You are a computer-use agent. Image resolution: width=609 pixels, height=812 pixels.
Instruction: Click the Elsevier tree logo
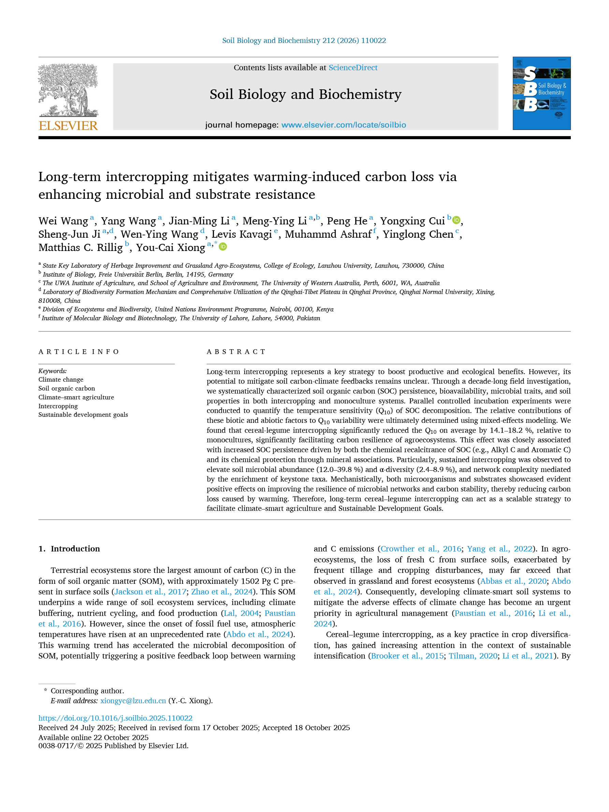tap(68, 90)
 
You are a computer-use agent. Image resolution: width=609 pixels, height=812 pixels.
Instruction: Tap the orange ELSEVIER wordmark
tap(68, 126)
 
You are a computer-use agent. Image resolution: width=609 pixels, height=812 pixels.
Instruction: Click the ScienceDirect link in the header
tap(353, 68)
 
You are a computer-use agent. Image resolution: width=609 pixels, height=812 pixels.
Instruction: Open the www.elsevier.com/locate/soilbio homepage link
tap(344, 125)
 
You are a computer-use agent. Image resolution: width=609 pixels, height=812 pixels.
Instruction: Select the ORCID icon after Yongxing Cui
tap(456, 220)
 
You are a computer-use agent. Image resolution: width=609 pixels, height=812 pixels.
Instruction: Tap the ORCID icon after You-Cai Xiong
tap(222, 247)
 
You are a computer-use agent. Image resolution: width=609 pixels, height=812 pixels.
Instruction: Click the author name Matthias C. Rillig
tap(81, 247)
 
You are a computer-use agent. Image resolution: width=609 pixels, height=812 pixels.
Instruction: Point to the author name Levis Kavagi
tap(241, 234)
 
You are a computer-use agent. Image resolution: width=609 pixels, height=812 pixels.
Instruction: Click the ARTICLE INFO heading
tap(78, 352)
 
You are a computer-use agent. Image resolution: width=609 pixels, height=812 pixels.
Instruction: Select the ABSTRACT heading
tap(236, 352)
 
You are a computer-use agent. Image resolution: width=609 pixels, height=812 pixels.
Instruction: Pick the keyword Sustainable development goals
tap(83, 414)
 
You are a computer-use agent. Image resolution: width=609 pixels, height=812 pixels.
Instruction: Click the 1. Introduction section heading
tap(69, 548)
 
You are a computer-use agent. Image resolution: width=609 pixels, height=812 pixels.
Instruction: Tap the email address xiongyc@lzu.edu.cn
tap(133, 700)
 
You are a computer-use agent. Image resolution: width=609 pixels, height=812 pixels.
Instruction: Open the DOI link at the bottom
tap(115, 718)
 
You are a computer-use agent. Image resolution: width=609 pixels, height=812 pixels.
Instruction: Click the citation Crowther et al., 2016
tap(421, 548)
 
